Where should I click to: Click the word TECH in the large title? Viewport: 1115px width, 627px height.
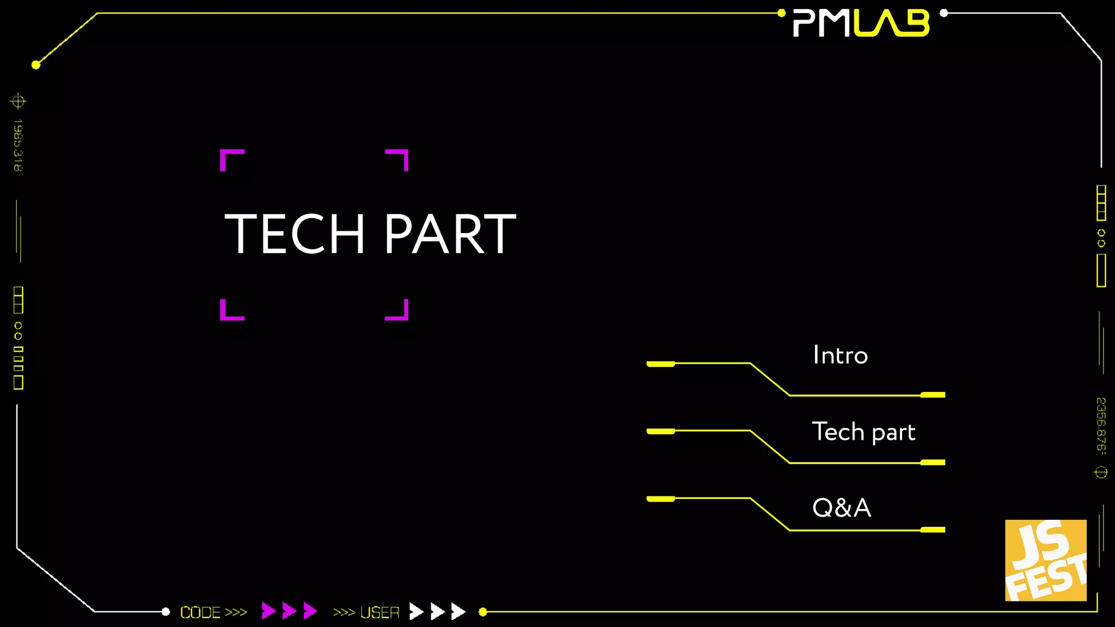pos(294,234)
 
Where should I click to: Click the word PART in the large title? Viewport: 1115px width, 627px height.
pos(450,234)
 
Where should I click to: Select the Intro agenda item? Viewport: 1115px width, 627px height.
pos(840,355)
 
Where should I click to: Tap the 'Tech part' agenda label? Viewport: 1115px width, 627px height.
pos(863,432)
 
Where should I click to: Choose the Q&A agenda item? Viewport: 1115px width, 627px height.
pos(841,508)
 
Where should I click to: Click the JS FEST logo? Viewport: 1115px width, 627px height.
pos(1045,560)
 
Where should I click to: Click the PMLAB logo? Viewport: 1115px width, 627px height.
pos(861,23)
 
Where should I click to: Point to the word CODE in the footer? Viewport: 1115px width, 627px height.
pos(200,612)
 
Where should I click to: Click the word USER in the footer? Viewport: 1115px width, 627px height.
pos(380,612)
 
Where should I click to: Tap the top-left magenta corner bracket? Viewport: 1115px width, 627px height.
pos(231,159)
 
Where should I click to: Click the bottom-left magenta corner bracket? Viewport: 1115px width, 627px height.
pos(231,311)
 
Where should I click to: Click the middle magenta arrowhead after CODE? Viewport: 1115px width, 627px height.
pos(289,611)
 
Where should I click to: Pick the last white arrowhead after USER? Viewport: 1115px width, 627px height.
pos(458,611)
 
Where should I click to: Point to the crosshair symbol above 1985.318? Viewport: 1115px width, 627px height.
pos(18,101)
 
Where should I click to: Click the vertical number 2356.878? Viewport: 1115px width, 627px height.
pos(1101,425)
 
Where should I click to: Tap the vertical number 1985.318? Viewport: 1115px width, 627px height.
pos(18,145)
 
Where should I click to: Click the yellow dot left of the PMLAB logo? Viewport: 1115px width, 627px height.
pos(781,13)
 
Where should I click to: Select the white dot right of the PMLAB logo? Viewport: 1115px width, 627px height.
pos(944,13)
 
